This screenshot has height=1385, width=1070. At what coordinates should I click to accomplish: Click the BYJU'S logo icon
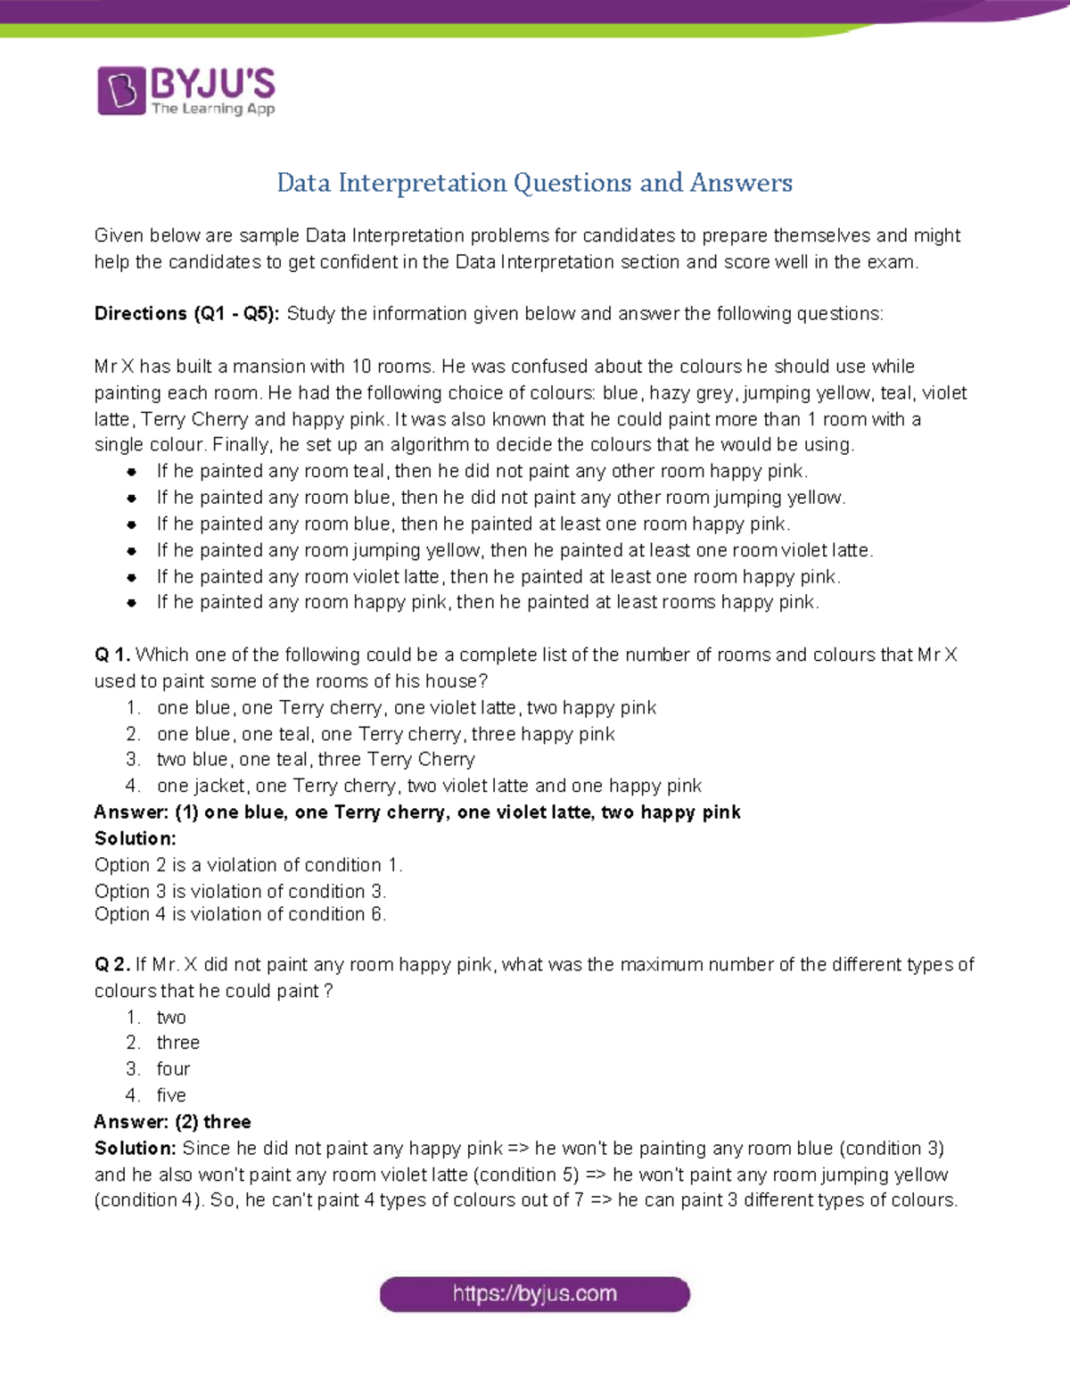[x=121, y=90]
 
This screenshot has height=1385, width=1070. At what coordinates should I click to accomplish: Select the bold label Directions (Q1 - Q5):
[x=187, y=314]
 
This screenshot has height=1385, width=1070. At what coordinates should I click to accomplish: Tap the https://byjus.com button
[x=535, y=1294]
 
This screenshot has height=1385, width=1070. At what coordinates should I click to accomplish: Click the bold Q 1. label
[x=112, y=655]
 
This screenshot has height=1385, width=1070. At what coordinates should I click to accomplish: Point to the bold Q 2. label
[x=112, y=964]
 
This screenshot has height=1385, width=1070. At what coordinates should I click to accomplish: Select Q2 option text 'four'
[x=173, y=1068]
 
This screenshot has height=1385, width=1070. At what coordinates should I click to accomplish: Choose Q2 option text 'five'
[x=171, y=1095]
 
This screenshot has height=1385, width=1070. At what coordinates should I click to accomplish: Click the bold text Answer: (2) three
[x=173, y=1122]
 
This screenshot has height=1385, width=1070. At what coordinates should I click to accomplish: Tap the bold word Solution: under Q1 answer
[x=136, y=838]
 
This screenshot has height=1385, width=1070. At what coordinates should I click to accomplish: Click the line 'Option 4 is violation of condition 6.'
[x=240, y=914]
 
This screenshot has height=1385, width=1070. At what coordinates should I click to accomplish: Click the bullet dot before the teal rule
[x=132, y=472]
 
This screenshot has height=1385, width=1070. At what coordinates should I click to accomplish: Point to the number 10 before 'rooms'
[x=361, y=367]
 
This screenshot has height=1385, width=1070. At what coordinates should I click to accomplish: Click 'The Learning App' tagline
[x=213, y=109]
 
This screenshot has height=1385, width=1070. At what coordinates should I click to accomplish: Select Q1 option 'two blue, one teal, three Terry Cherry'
[x=316, y=759]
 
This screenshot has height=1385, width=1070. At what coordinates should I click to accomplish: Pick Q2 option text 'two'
[x=171, y=1017]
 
